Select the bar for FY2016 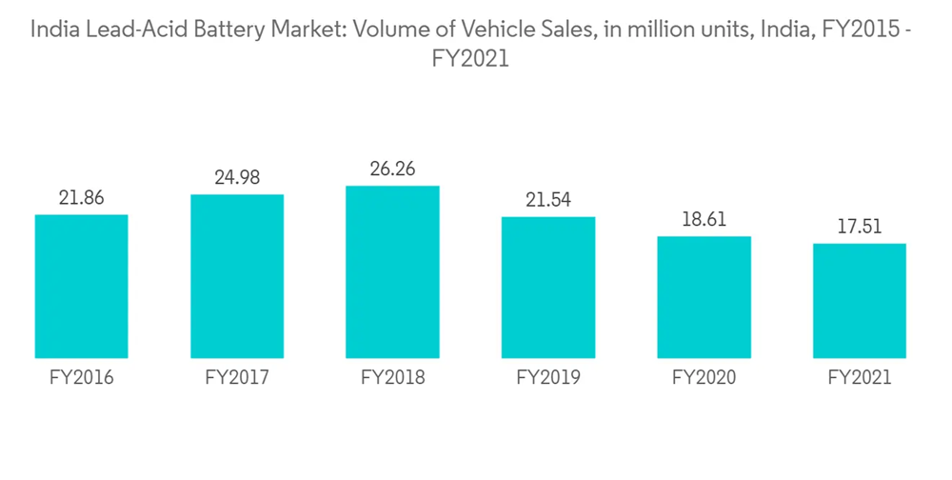(81, 286)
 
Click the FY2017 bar (237, 276)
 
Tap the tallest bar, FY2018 (392, 271)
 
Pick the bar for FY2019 (548, 287)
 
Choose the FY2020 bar (704, 296)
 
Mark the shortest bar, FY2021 (860, 300)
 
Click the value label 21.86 (81, 198)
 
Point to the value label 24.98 (237, 178)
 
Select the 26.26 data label (392, 170)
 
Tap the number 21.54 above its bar (548, 200)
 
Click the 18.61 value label (704, 219)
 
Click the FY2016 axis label (81, 378)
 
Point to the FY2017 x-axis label (237, 378)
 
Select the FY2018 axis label (392, 378)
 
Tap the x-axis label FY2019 (548, 378)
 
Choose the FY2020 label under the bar (704, 378)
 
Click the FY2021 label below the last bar (860, 378)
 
